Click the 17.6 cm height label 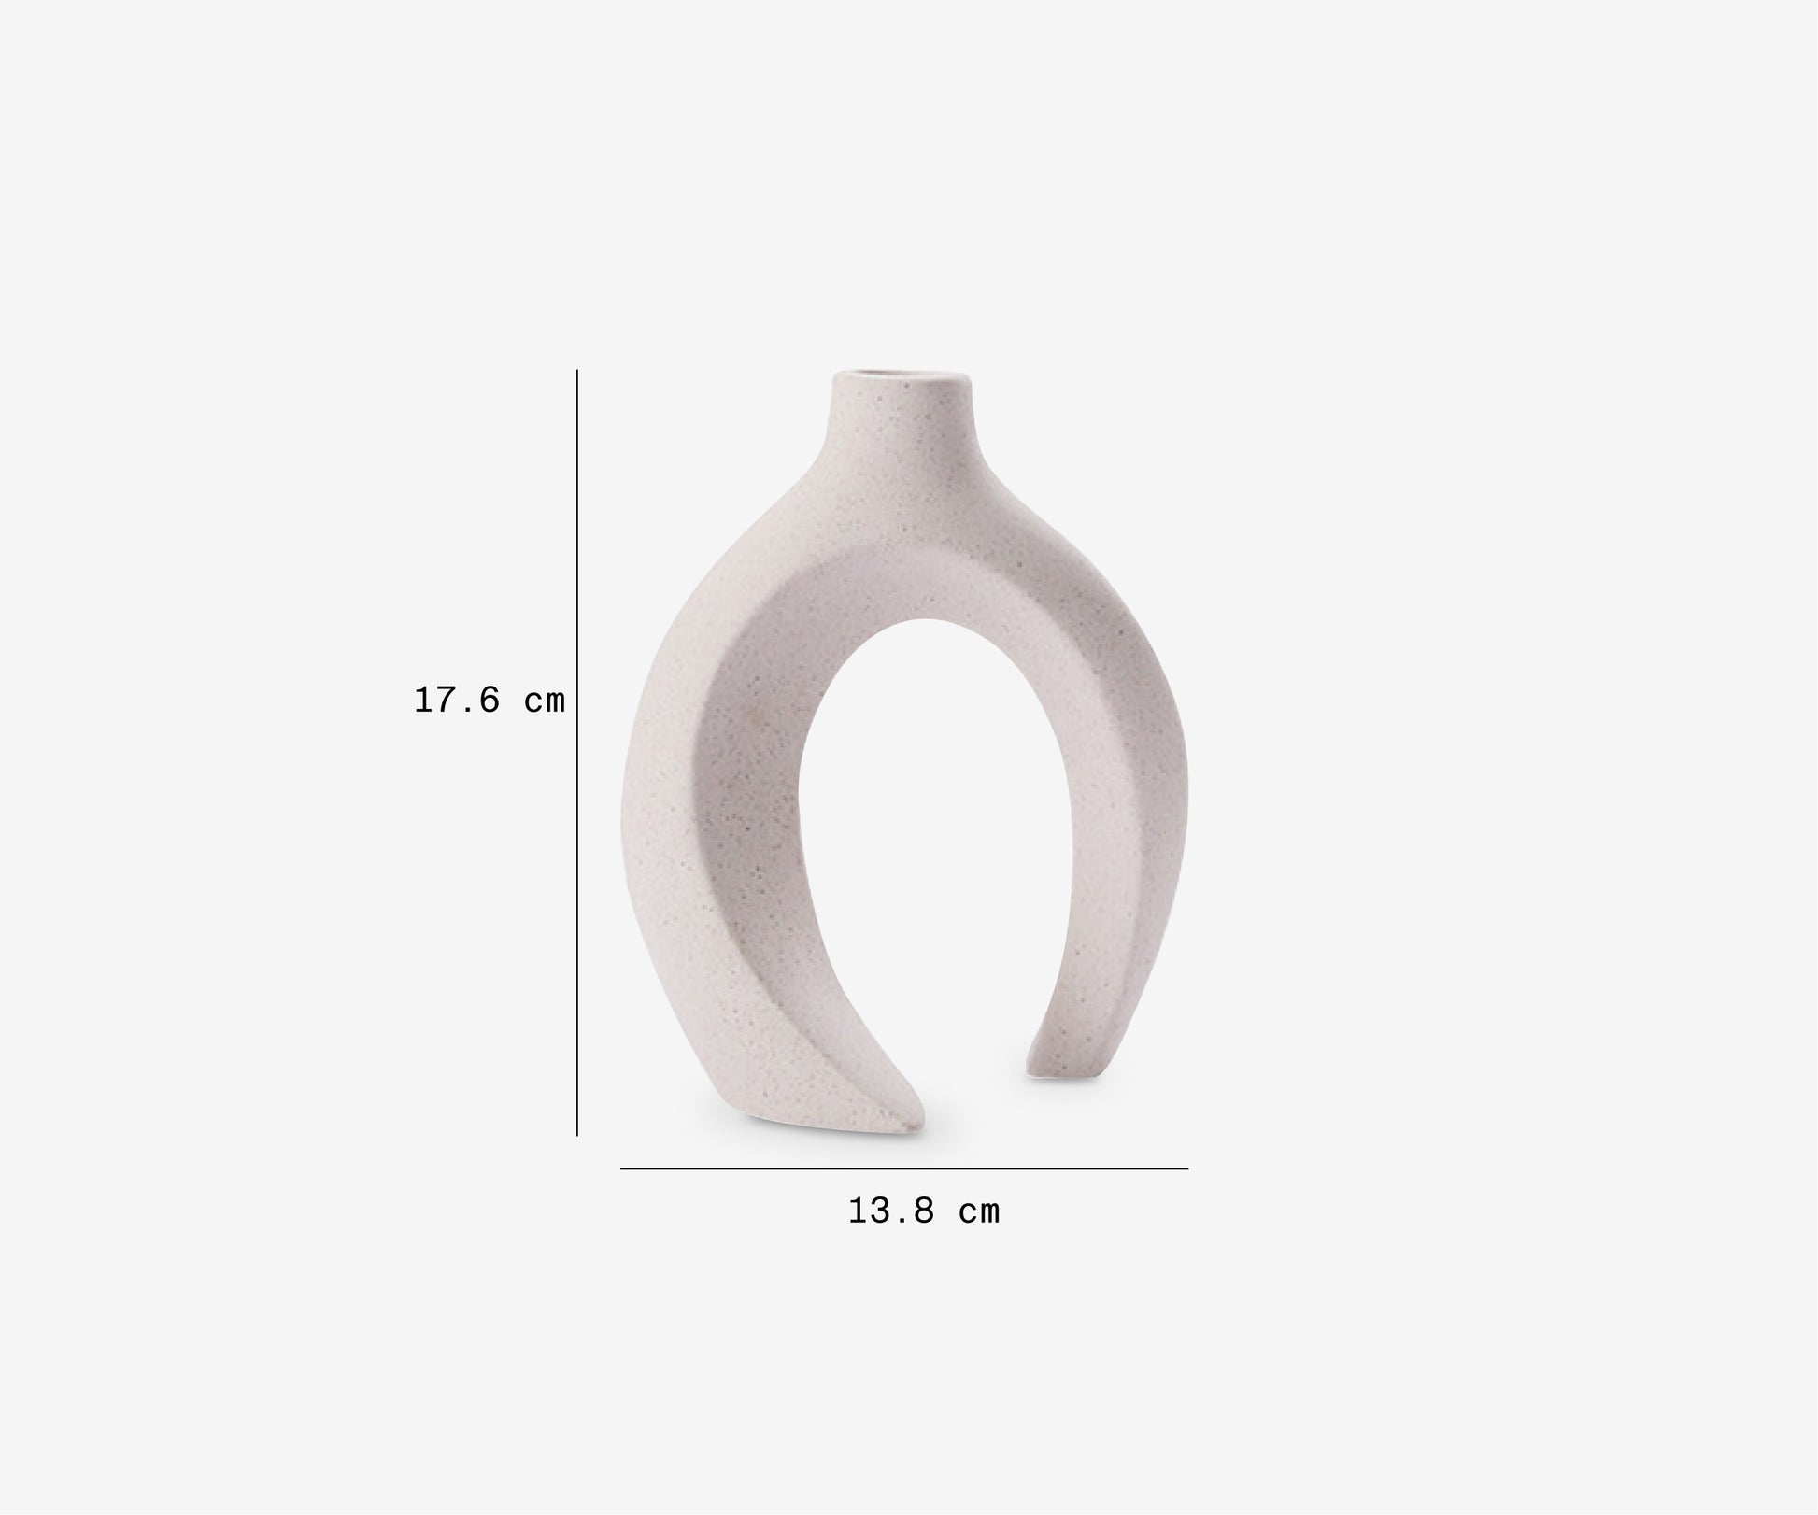pyautogui.click(x=490, y=700)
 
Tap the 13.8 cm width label pyautogui.click(x=924, y=1211)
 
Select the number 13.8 pyautogui.click(x=891, y=1211)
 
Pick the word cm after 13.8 pyautogui.click(x=979, y=1212)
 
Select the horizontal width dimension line pyautogui.click(x=904, y=1168)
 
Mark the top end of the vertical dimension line pyautogui.click(x=577, y=372)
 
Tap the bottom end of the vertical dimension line pyautogui.click(x=577, y=1134)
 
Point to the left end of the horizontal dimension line pyautogui.click(x=622, y=1168)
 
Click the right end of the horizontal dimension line pyautogui.click(x=1186, y=1168)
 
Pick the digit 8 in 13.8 pyautogui.click(x=923, y=1211)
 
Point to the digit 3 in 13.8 pyautogui.click(x=878, y=1211)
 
